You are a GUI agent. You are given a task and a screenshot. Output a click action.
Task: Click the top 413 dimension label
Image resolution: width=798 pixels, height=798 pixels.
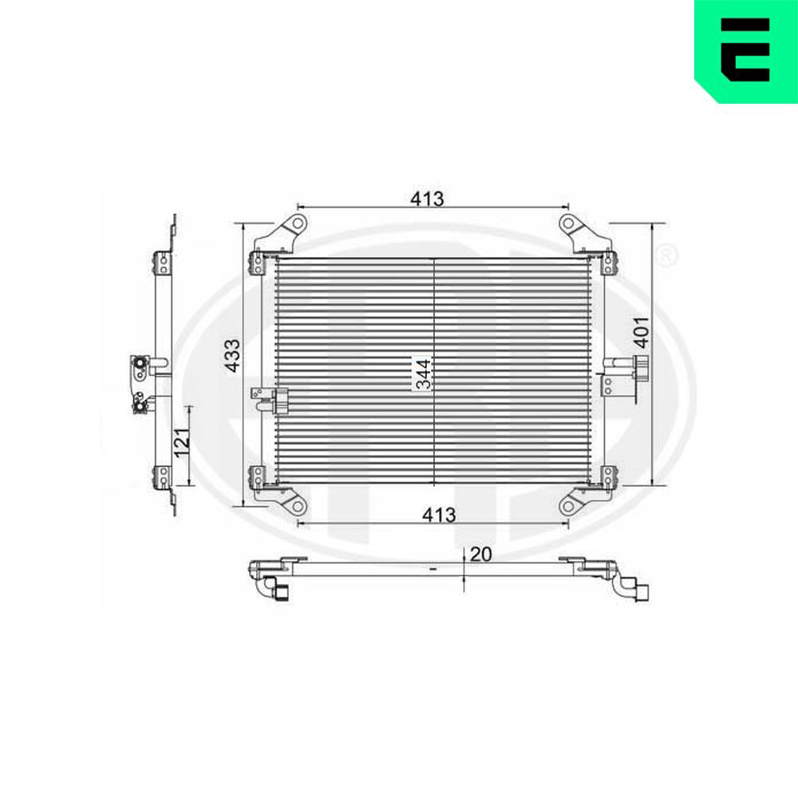click(427, 199)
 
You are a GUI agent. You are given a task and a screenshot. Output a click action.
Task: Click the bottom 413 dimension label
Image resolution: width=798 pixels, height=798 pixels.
click(439, 515)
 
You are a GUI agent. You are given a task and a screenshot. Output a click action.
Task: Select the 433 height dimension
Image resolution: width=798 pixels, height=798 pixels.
click(233, 355)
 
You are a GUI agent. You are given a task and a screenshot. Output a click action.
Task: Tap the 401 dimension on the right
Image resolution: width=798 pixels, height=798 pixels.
click(642, 332)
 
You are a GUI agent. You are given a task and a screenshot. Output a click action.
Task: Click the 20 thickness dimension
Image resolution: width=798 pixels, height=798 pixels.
click(481, 555)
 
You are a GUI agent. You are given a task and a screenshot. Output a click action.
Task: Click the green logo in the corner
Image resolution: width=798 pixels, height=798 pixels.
click(746, 51)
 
